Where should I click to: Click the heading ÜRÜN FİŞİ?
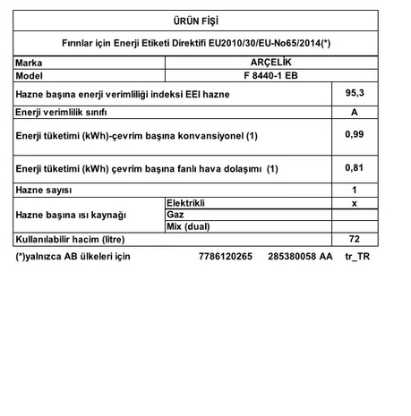(x=205, y=20)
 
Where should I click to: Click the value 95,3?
(x=355, y=92)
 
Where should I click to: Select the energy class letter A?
(x=355, y=112)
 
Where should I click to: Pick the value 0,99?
(x=355, y=134)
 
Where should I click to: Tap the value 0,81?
(x=355, y=167)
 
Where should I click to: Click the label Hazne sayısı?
(x=44, y=190)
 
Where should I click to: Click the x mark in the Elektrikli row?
(x=355, y=203)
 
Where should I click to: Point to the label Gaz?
(x=176, y=215)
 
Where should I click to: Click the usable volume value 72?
(x=355, y=239)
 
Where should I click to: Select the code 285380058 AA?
(x=299, y=257)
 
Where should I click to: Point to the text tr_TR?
(x=356, y=257)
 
